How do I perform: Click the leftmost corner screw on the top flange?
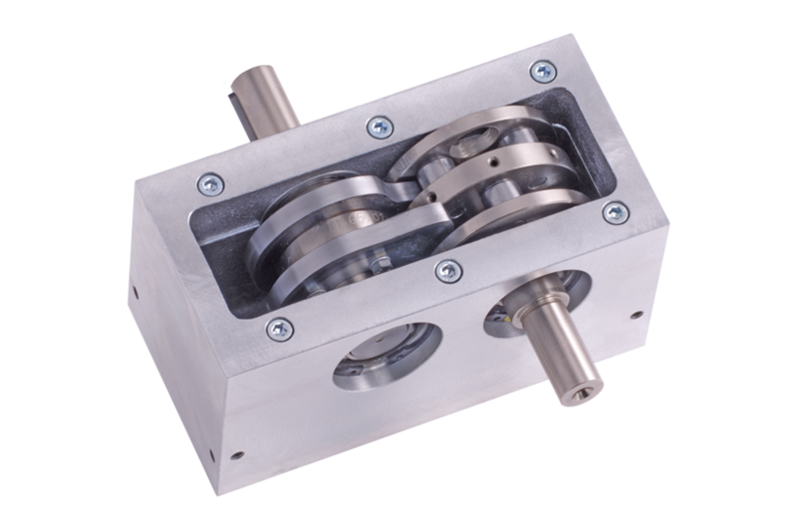coord(210,182)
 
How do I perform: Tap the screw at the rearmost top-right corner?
coord(542,71)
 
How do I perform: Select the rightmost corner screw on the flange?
coord(616,212)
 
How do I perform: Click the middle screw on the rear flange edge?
coord(380,127)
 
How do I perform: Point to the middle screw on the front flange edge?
coord(448,270)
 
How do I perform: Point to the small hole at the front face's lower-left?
coord(237,455)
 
